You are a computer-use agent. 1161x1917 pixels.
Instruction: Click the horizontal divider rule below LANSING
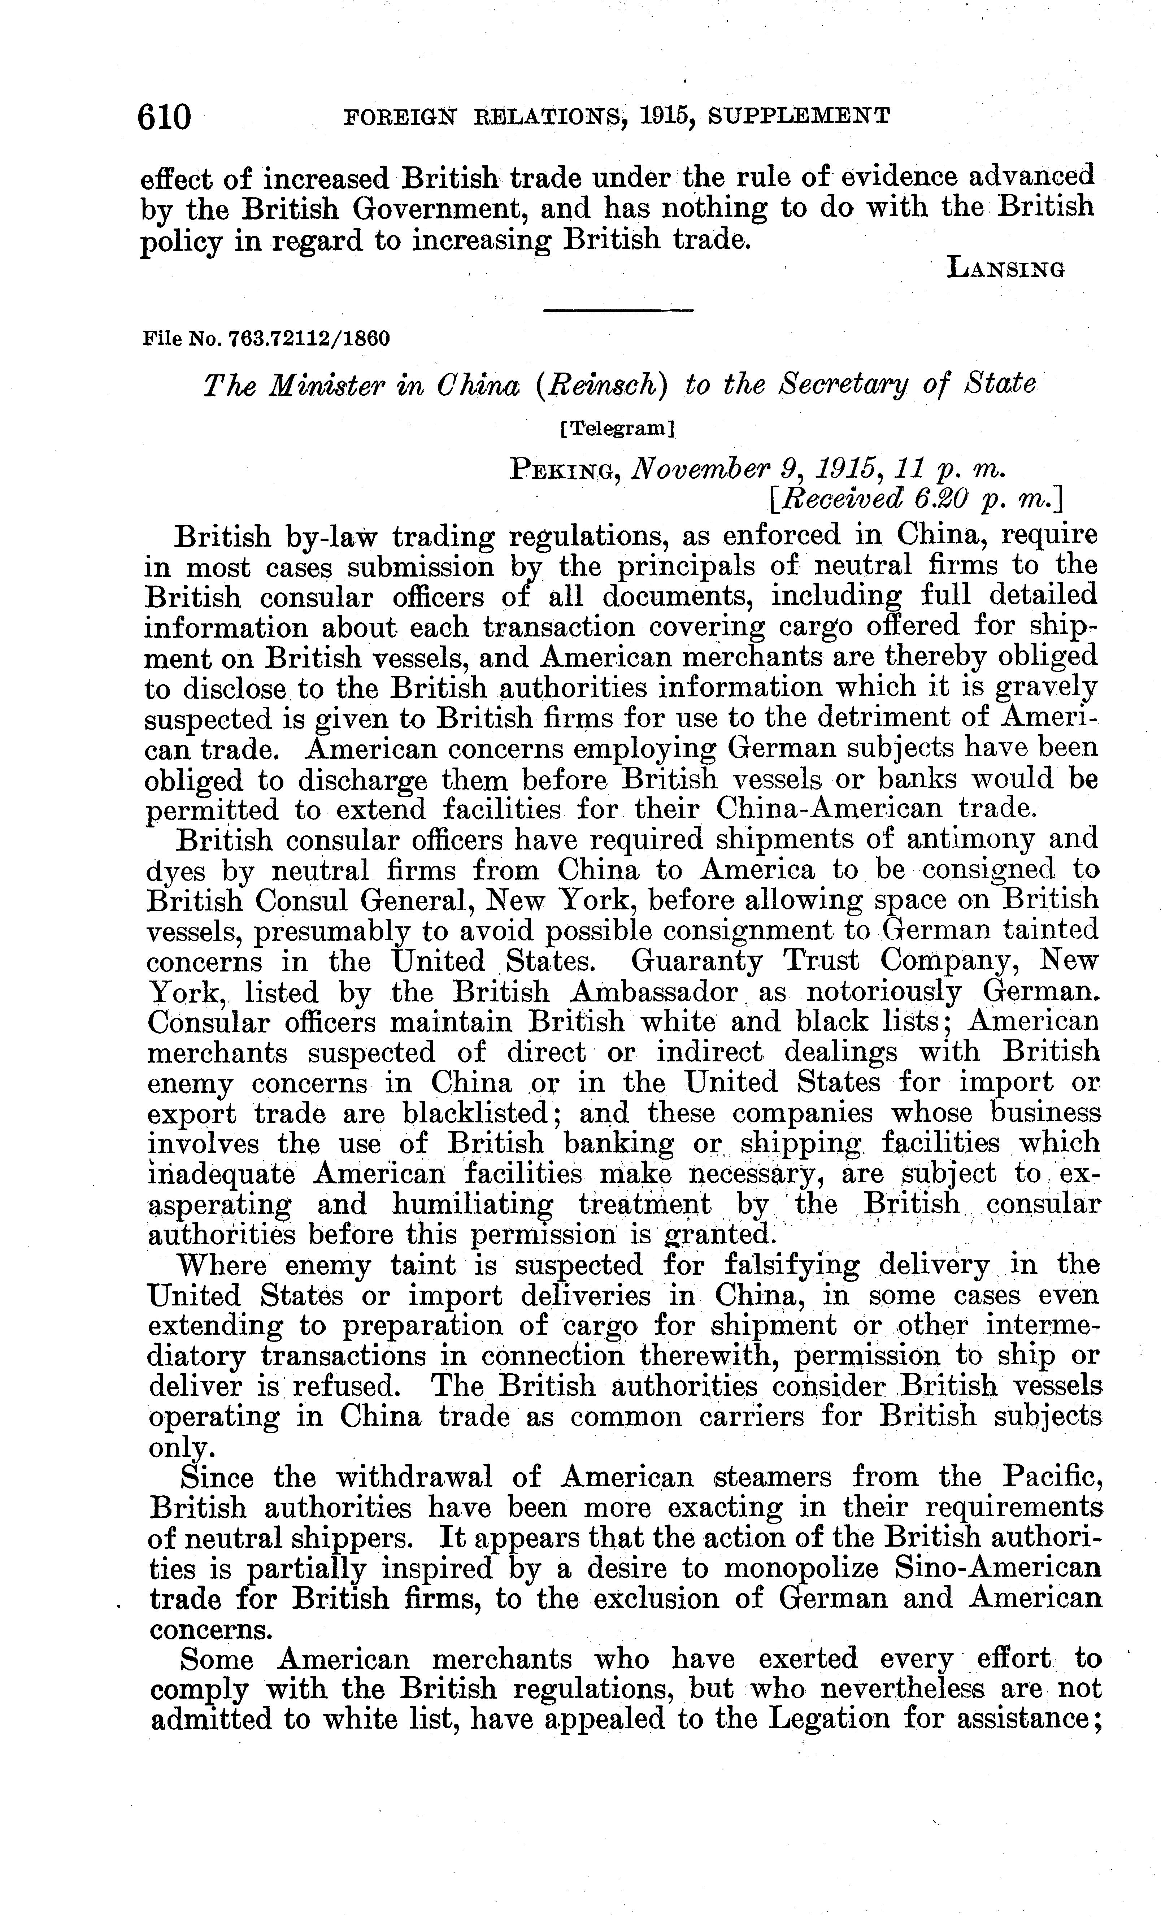point(618,311)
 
